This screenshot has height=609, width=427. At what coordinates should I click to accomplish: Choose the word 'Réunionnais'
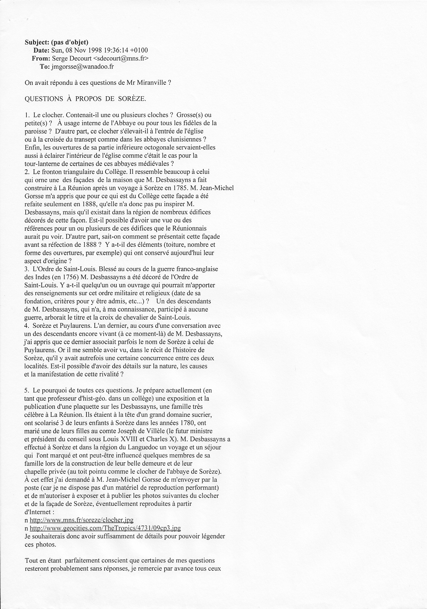(191, 228)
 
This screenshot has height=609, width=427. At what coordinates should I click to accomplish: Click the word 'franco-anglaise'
(197, 269)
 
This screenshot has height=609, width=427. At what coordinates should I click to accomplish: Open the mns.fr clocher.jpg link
(82, 520)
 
